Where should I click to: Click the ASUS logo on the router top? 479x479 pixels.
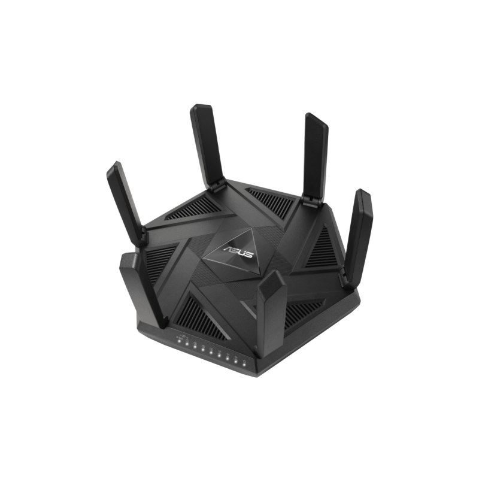pos(238,250)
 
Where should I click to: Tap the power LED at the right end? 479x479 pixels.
pos(244,365)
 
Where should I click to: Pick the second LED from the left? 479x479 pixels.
pos(187,345)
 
